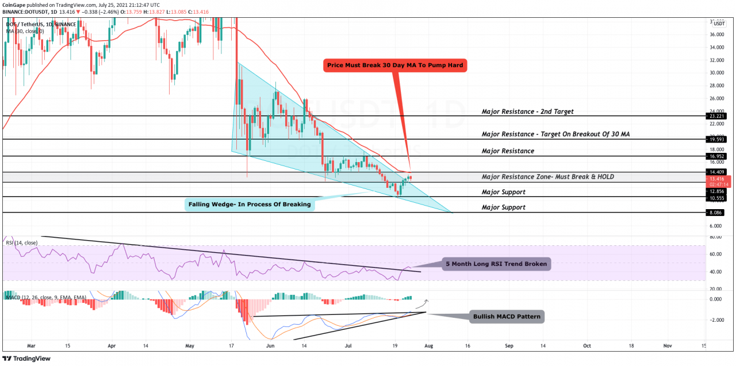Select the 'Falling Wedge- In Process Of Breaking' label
250,204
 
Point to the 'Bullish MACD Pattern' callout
506,316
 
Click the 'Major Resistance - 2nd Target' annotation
527,111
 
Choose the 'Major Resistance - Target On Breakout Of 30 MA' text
561,134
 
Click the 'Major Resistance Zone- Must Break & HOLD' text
547,176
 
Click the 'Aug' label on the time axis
427,347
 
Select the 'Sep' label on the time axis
508,347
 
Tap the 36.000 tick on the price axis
719,34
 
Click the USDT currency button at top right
719,23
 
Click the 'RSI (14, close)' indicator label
22,243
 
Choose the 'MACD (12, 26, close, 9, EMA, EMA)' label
45,297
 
